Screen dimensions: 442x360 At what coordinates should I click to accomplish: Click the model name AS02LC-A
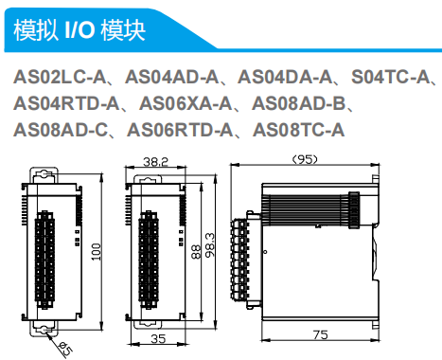click(x=60, y=77)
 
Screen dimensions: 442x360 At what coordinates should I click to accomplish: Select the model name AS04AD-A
click(x=171, y=77)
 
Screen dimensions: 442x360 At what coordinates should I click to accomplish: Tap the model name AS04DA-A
click(x=285, y=77)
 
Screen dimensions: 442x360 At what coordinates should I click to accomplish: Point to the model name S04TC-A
click(x=391, y=77)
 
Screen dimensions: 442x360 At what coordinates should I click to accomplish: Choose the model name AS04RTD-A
click(x=66, y=103)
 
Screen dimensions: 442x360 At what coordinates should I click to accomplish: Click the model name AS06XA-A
click(x=186, y=103)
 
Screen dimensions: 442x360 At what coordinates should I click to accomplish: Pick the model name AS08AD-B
click(x=298, y=103)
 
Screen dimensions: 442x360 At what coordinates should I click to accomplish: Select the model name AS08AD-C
click(x=61, y=130)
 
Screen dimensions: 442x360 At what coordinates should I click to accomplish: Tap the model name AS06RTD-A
click(x=180, y=130)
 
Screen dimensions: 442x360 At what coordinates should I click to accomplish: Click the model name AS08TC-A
click(x=298, y=130)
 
